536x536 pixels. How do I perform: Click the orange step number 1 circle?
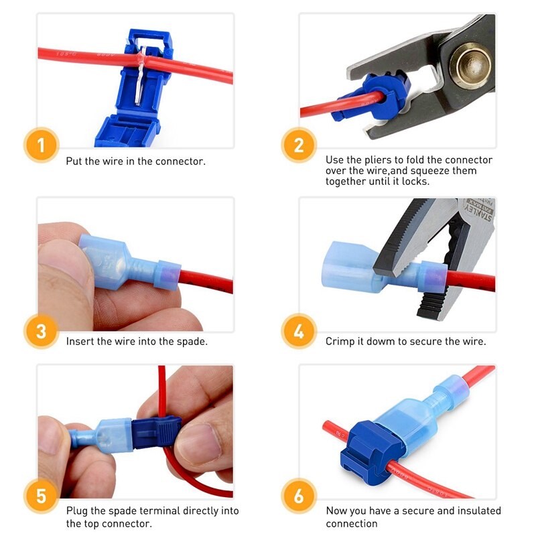[x=42, y=145]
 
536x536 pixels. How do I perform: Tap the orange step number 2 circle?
[x=299, y=145]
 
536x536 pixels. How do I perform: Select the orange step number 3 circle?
[x=42, y=331]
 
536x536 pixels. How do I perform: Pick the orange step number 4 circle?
[x=299, y=331]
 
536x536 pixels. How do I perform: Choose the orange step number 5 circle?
[x=42, y=496]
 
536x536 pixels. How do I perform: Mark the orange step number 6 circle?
[x=299, y=496]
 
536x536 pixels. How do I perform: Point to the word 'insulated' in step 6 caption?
[x=479, y=511]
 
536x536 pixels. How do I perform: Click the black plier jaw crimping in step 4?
[x=402, y=261]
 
